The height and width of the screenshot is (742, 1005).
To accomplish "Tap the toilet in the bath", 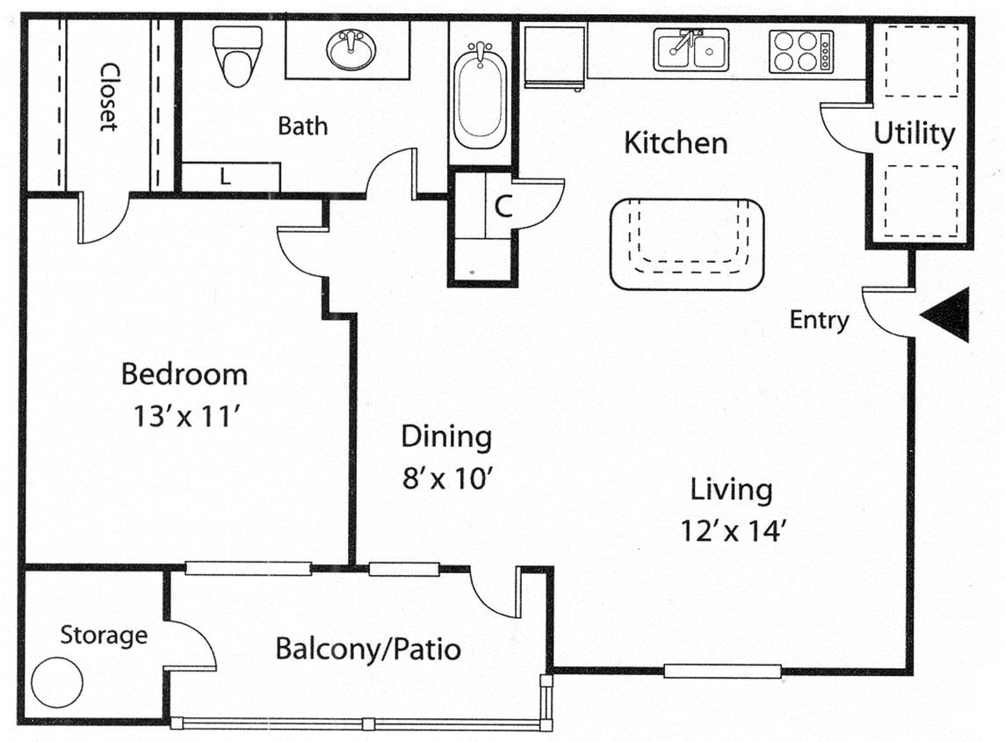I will click(238, 55).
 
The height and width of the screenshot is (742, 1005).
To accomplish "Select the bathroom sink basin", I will click(352, 49).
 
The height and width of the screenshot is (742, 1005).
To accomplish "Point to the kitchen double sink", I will click(690, 50).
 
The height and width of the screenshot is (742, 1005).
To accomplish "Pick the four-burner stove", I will click(800, 51).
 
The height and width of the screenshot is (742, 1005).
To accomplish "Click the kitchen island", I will click(687, 244).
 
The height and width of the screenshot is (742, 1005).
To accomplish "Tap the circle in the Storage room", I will click(57, 680).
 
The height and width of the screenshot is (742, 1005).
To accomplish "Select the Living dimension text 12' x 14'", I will click(731, 530).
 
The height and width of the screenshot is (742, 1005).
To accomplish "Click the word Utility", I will click(914, 134).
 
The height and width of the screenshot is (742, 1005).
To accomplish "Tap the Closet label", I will click(109, 96).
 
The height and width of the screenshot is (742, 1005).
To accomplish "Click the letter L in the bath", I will click(226, 177).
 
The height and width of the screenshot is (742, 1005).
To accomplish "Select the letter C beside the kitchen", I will click(502, 207).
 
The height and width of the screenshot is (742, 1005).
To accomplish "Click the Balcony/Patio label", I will click(368, 649).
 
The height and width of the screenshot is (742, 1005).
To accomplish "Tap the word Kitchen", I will click(676, 142).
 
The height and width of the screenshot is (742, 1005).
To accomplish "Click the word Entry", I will click(819, 320).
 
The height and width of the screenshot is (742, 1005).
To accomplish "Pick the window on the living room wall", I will click(722, 672).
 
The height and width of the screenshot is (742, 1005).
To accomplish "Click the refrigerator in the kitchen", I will click(554, 56).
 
